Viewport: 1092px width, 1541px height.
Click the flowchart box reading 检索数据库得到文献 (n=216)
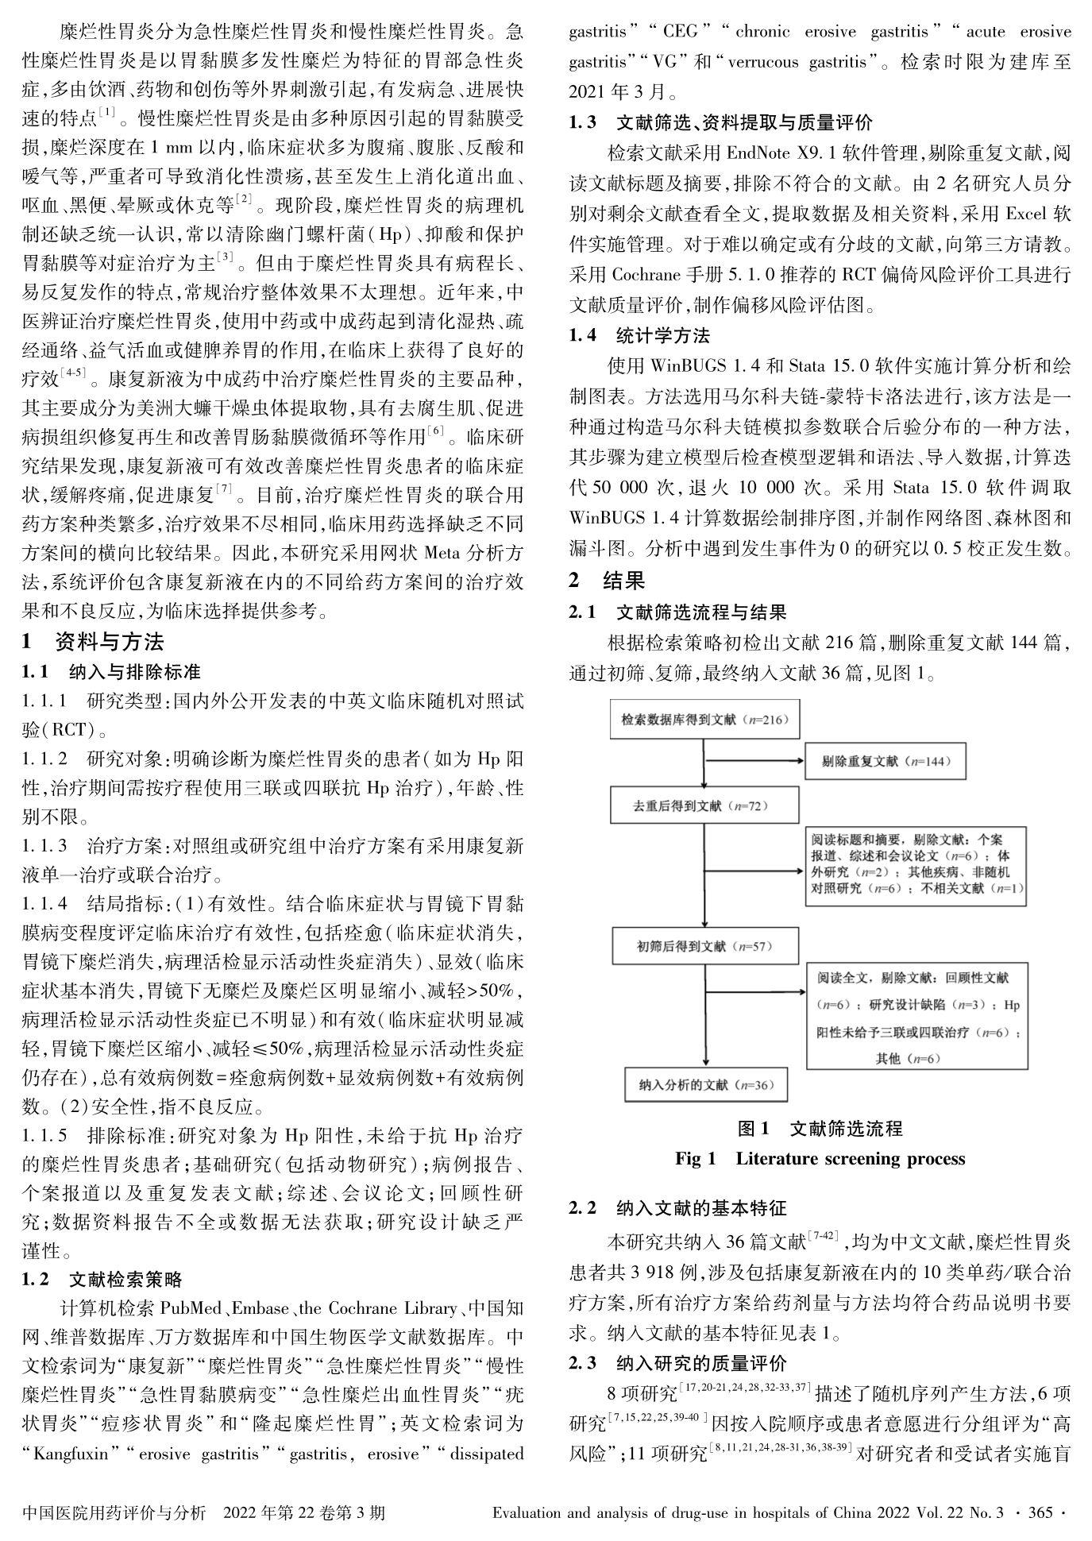[704, 720]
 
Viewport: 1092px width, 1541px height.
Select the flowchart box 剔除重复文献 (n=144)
[885, 761]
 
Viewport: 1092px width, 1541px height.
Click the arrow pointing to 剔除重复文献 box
[754, 761]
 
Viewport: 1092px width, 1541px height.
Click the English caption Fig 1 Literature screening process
[820, 1158]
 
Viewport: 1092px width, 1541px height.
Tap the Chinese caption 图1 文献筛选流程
[820, 1128]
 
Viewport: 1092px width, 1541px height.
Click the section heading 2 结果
[607, 581]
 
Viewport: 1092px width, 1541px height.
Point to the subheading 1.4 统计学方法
[639, 336]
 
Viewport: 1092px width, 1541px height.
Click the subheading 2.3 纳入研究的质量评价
[677, 1363]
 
